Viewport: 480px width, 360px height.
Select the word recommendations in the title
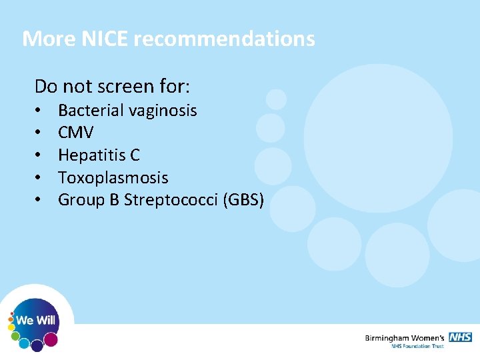(x=224, y=39)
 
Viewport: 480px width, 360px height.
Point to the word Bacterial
(x=89, y=110)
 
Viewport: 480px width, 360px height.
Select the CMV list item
(x=75, y=133)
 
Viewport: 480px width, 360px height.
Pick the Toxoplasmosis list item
(x=113, y=178)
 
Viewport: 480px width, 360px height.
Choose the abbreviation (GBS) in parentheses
(x=244, y=200)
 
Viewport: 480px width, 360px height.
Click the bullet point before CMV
(x=40, y=133)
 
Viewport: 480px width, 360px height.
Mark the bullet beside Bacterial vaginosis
(x=40, y=110)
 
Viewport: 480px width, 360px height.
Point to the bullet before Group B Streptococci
(x=40, y=200)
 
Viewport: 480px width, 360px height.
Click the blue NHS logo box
(x=460, y=337)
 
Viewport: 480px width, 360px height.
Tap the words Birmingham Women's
(x=405, y=338)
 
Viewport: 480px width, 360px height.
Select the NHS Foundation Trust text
(x=418, y=347)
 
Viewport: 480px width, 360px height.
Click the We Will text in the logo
(x=35, y=321)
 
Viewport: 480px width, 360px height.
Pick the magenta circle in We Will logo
(x=51, y=340)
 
